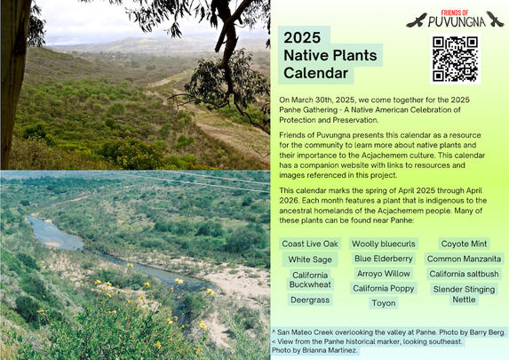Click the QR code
(x=454, y=59)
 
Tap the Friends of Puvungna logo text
(x=455, y=19)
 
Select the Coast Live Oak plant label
(x=310, y=244)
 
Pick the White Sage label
(x=310, y=260)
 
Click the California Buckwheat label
(x=310, y=281)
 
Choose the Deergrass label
(x=310, y=301)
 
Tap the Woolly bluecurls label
(x=383, y=244)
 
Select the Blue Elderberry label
(x=383, y=259)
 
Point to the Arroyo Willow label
(x=383, y=274)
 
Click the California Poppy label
(x=383, y=289)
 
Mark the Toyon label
(x=383, y=304)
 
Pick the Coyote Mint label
(x=464, y=244)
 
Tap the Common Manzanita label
(x=464, y=259)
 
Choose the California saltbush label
(x=464, y=274)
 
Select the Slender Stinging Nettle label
(x=464, y=294)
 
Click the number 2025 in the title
(x=300, y=38)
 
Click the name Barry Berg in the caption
(x=487, y=332)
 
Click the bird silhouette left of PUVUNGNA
(x=415, y=20)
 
